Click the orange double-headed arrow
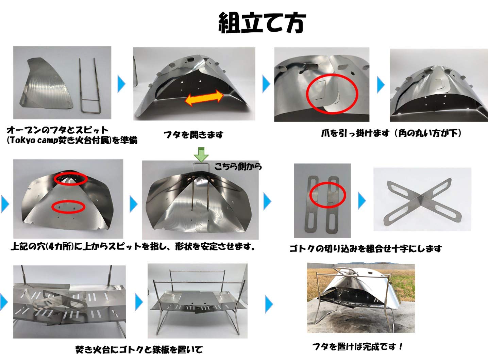click(x=204, y=98)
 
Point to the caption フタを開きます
click(x=193, y=135)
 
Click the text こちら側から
click(x=238, y=166)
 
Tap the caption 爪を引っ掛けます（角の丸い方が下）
click(x=391, y=133)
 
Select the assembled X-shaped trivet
click(x=421, y=201)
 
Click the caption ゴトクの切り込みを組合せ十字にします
click(x=365, y=249)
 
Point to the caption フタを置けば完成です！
click(x=358, y=347)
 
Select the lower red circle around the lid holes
click(x=69, y=206)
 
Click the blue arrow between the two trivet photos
click(x=362, y=200)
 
